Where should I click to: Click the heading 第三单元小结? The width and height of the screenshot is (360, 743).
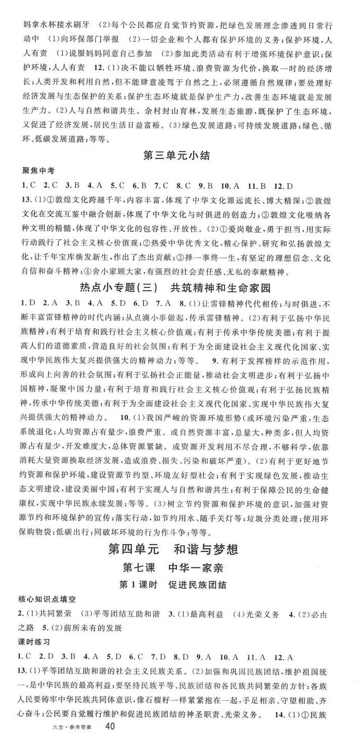point(180,156)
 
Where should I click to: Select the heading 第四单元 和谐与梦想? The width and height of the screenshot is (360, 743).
point(180,549)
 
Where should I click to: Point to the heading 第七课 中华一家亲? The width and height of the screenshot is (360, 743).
point(180,567)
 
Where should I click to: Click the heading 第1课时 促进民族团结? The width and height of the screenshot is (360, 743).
point(180,585)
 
